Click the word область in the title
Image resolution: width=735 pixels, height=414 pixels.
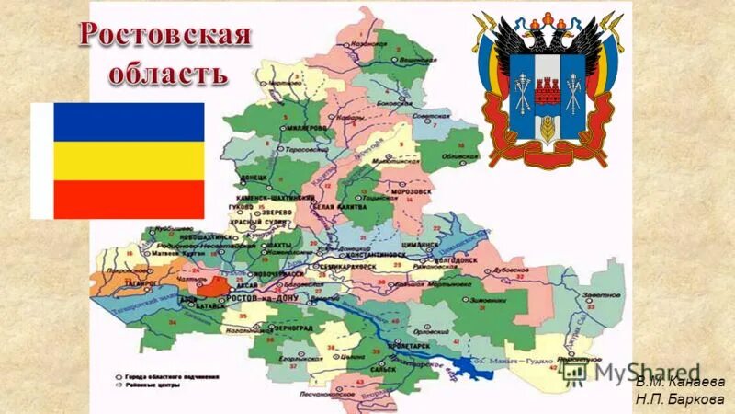point(164,74)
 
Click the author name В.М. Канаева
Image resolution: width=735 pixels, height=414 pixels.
point(678,382)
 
